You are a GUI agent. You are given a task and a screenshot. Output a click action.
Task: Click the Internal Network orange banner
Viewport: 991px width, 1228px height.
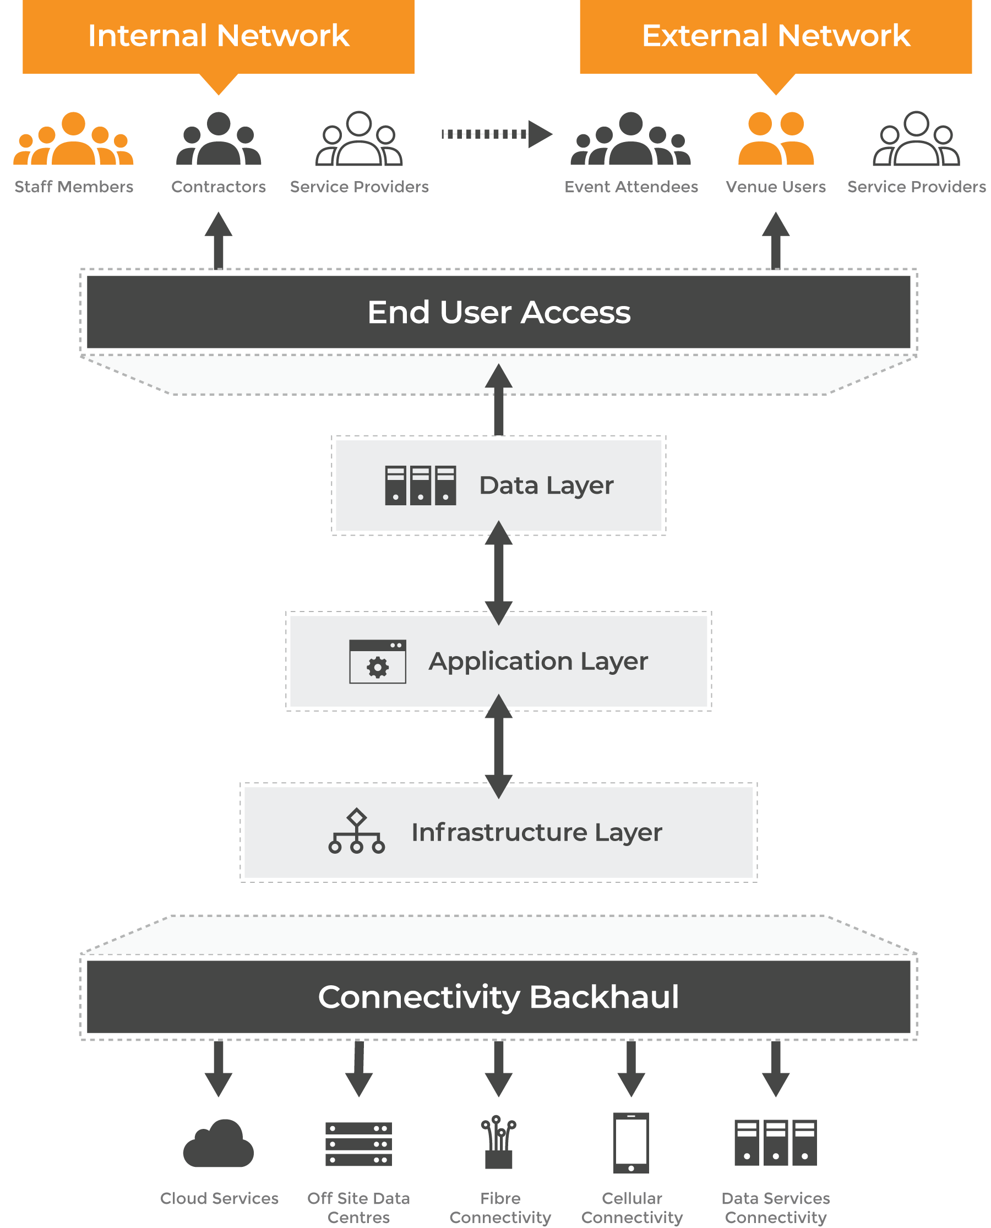point(218,36)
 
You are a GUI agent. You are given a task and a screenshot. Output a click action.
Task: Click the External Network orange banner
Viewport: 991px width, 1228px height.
point(775,36)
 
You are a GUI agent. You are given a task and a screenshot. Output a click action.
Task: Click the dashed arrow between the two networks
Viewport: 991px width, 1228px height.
point(495,134)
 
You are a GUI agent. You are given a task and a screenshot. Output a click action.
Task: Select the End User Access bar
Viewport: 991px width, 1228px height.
point(498,312)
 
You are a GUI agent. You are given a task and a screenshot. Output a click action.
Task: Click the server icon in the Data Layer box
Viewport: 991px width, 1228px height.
point(420,485)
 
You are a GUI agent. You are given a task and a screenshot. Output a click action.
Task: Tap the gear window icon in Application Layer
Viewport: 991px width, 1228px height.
point(377,662)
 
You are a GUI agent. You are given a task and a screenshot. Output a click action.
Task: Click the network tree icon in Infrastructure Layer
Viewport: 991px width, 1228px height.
point(356,831)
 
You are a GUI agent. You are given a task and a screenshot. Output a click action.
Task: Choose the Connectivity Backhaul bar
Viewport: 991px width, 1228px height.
point(498,996)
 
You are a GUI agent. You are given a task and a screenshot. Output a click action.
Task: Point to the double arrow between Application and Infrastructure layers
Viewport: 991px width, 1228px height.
point(498,746)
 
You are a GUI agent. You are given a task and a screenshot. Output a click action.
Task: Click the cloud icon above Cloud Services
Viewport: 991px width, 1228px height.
point(218,1144)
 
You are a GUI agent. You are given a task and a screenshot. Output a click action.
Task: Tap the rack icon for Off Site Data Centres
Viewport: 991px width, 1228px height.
point(358,1144)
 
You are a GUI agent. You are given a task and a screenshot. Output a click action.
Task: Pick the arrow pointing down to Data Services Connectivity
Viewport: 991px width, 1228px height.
point(775,1069)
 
